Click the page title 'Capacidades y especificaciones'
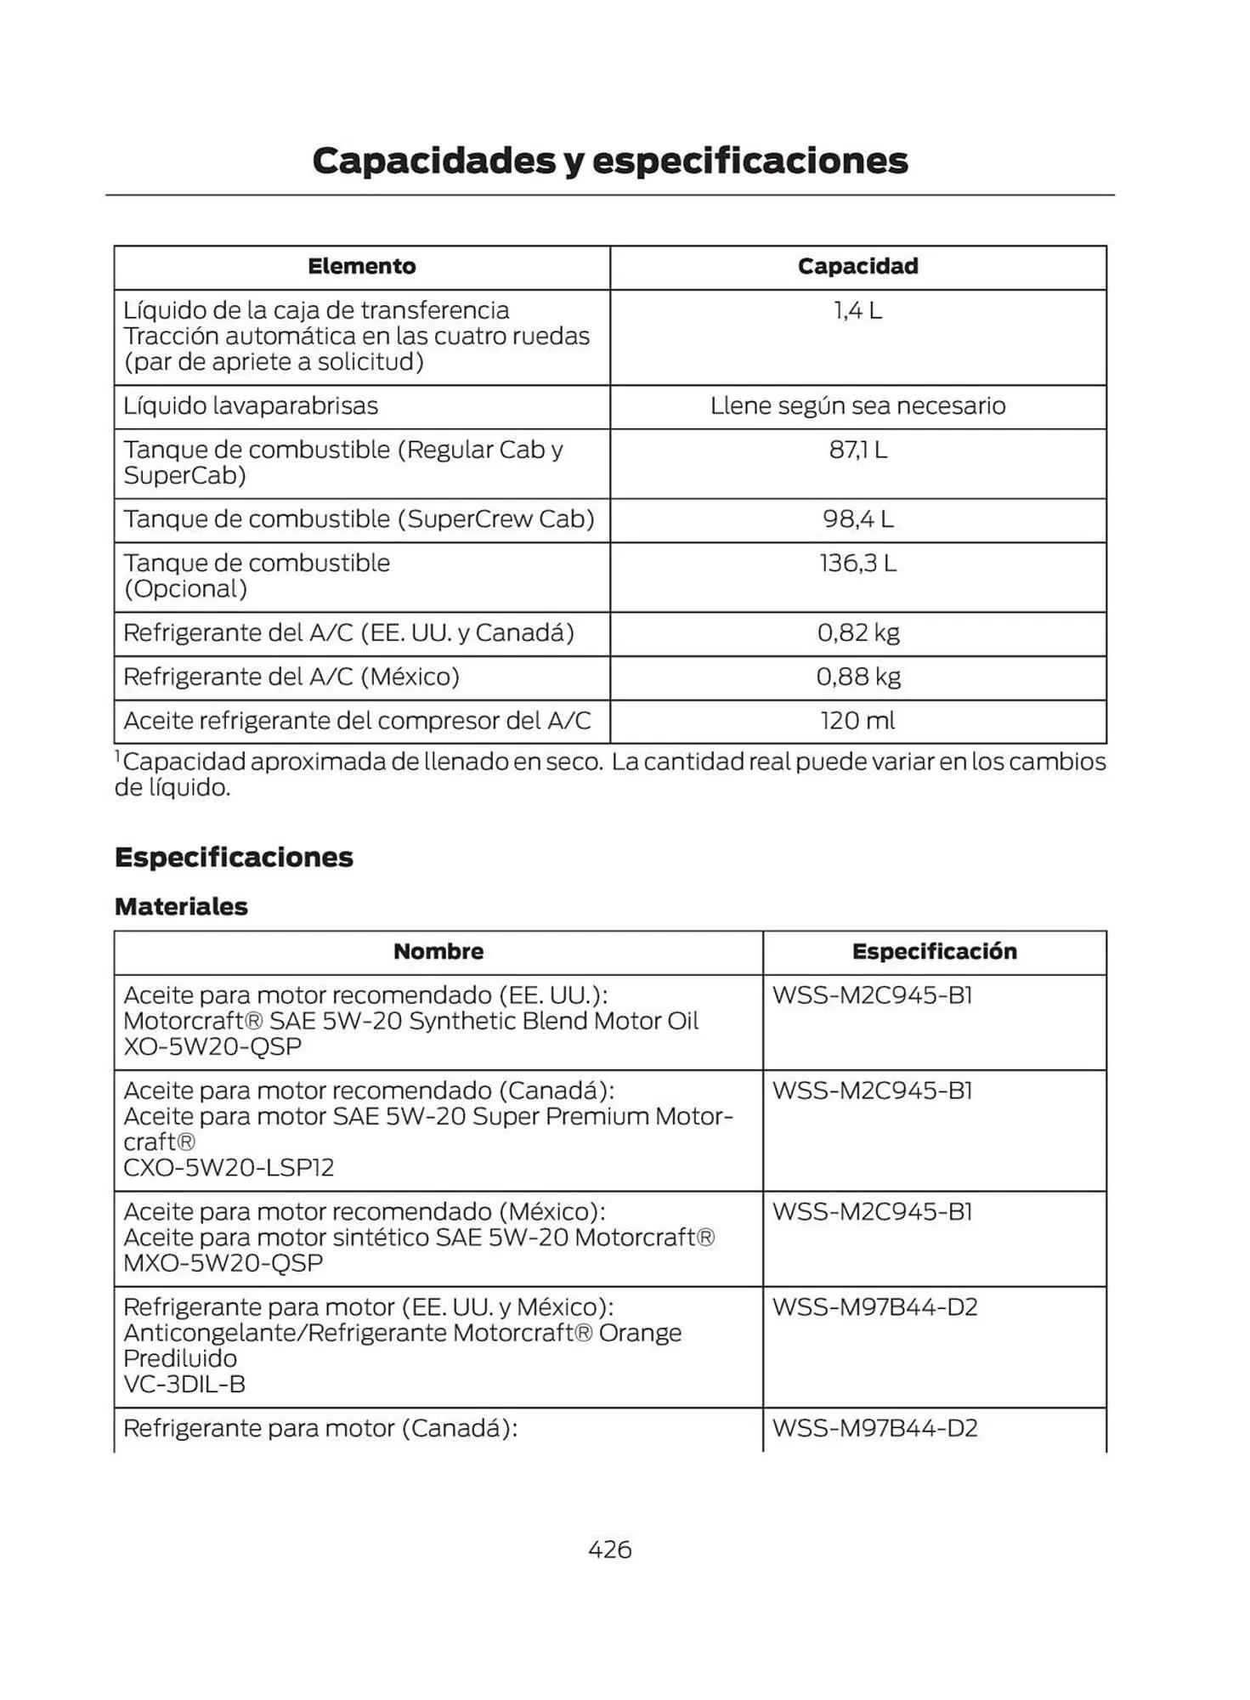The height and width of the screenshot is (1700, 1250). click(609, 161)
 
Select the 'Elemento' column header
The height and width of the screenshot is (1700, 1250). click(361, 267)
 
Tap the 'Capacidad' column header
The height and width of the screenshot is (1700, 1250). click(857, 267)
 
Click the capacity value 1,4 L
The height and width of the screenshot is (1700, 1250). click(857, 311)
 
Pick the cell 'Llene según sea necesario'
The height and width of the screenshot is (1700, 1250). click(857, 406)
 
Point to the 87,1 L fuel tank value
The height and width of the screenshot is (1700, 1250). click(857, 450)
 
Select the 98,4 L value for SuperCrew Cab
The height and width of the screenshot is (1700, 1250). click(857, 519)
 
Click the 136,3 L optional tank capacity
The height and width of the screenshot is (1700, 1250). click(857, 564)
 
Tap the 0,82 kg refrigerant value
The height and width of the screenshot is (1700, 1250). click(857, 633)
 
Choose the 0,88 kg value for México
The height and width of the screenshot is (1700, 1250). click(857, 677)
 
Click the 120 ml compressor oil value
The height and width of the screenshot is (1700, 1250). click(857, 721)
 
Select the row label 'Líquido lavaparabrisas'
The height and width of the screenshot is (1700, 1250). click(251, 406)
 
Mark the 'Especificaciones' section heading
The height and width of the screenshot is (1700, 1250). click(234, 857)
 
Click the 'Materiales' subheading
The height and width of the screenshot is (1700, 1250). click(181, 907)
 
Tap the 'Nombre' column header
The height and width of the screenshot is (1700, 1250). click(438, 952)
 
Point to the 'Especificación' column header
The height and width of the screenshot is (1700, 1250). click(934, 952)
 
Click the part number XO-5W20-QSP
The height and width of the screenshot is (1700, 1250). click(212, 1046)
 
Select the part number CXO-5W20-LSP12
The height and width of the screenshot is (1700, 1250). click(229, 1167)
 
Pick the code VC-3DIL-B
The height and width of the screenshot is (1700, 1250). click(184, 1384)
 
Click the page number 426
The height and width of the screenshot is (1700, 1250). click(609, 1550)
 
